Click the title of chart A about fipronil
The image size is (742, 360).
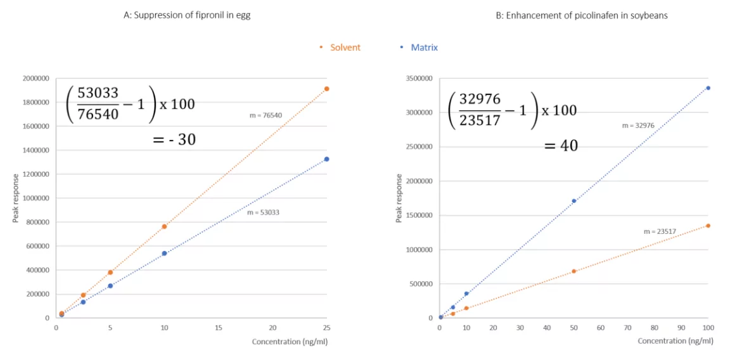(x=187, y=15)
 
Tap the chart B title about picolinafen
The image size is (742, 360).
(x=581, y=15)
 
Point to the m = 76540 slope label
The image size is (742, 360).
(x=265, y=115)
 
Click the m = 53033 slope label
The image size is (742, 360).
(x=263, y=212)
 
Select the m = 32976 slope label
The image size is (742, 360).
(x=637, y=125)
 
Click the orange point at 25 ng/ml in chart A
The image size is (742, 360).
(x=327, y=89)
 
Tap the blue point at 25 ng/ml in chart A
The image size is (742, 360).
(x=327, y=159)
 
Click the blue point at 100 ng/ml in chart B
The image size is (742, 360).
(x=708, y=88)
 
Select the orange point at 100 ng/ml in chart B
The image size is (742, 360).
(x=708, y=226)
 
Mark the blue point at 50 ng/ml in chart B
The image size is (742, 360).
(x=574, y=201)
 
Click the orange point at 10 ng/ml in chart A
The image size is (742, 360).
(x=164, y=226)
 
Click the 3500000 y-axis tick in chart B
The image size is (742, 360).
(x=419, y=79)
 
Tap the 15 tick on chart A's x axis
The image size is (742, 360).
(x=219, y=328)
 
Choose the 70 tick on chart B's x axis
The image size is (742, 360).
(x=627, y=328)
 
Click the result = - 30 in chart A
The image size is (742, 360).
(x=174, y=139)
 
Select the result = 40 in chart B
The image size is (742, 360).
(x=561, y=146)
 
